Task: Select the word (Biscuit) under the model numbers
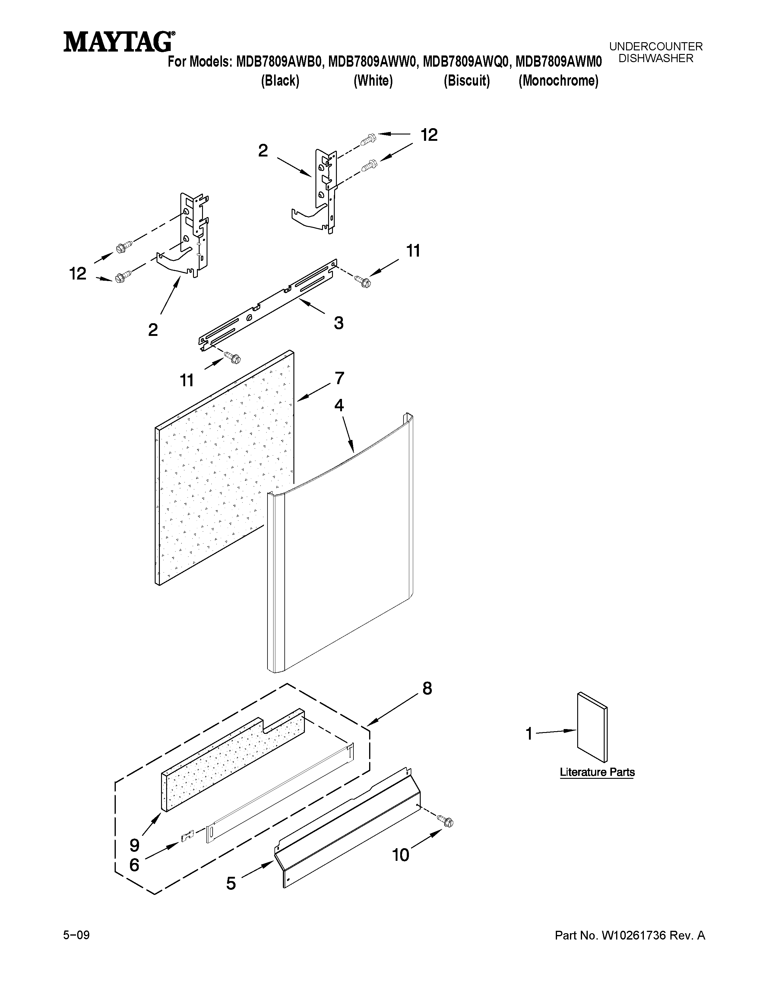[x=467, y=81]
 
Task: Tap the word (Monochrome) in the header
[x=558, y=81]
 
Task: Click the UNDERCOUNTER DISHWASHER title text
[x=656, y=52]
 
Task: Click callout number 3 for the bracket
[x=338, y=323]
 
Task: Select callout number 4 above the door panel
[x=339, y=405]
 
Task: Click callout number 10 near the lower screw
[x=400, y=855]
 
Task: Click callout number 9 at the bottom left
[x=134, y=845]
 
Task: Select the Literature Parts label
[x=597, y=772]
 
